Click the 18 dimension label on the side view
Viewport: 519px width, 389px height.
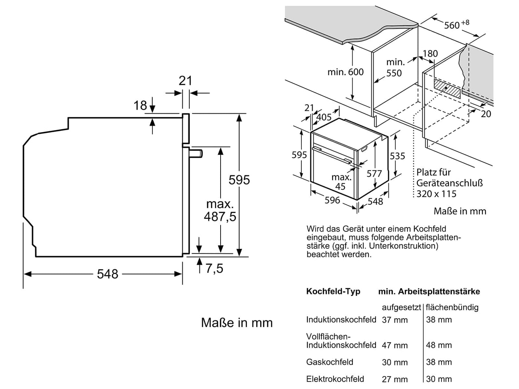140,106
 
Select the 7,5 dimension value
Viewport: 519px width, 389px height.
214,268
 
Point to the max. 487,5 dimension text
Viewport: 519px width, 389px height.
220,210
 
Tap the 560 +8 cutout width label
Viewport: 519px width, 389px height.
456,24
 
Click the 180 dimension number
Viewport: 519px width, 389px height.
430,54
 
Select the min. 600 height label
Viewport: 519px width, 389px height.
346,72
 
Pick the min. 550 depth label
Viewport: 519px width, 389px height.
395,67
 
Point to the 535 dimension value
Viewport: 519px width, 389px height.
397,156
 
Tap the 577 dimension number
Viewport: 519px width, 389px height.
374,173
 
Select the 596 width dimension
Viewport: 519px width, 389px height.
332,200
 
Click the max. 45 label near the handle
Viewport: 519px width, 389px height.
341,182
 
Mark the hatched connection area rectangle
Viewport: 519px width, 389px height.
447,89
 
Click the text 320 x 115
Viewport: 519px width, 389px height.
436,194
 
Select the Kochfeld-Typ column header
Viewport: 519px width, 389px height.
333,292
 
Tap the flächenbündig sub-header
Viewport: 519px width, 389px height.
452,307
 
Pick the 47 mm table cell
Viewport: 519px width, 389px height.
394,345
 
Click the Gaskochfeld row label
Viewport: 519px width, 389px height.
330,362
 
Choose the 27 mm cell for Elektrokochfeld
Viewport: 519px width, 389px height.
394,379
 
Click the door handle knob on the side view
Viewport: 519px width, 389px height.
196,153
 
